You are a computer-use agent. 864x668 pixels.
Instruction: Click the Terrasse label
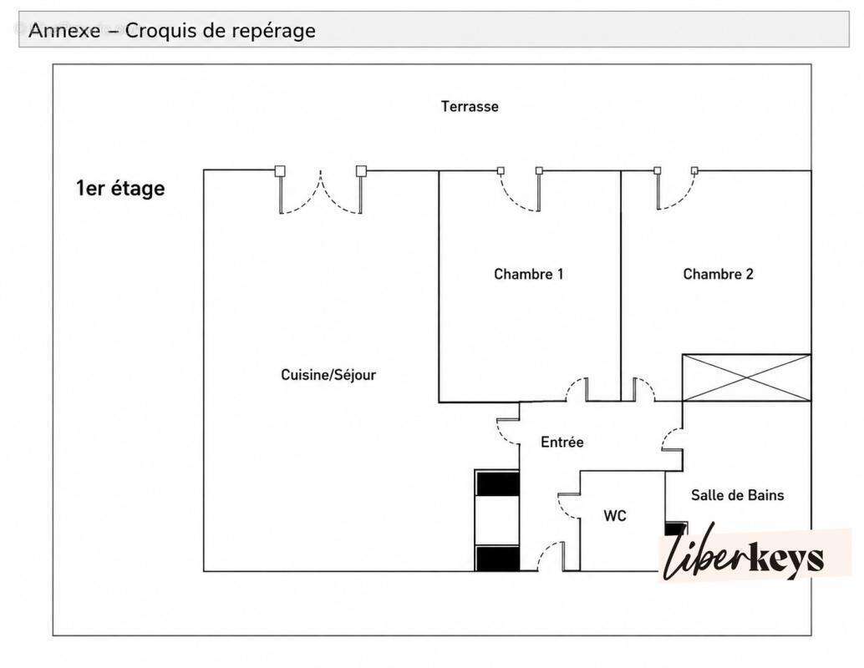pyautogui.click(x=470, y=106)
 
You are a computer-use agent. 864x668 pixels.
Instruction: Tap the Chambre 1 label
pyautogui.click(x=528, y=274)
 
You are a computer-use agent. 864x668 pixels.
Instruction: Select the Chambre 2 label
pyautogui.click(x=718, y=274)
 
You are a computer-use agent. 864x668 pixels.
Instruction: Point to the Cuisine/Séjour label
pyautogui.click(x=328, y=374)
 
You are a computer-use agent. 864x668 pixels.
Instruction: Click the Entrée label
pyautogui.click(x=562, y=442)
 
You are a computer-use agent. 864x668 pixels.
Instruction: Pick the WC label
pyautogui.click(x=615, y=515)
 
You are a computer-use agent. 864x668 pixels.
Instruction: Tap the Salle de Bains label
pyautogui.click(x=737, y=494)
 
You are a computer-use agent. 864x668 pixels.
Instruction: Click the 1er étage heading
pyautogui.click(x=120, y=189)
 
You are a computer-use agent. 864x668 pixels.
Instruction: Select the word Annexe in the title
pyautogui.click(x=64, y=30)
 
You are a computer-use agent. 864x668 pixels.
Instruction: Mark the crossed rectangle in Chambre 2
pyautogui.click(x=747, y=377)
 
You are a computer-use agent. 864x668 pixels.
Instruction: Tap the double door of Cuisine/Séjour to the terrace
pyautogui.click(x=321, y=190)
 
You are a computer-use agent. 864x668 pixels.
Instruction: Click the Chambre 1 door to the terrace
pyautogui.click(x=521, y=190)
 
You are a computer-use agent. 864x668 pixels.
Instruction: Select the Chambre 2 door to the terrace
pyautogui.click(x=676, y=189)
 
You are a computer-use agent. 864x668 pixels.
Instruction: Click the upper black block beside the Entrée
pyautogui.click(x=497, y=483)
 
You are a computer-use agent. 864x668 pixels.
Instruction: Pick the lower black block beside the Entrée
pyautogui.click(x=497, y=559)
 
